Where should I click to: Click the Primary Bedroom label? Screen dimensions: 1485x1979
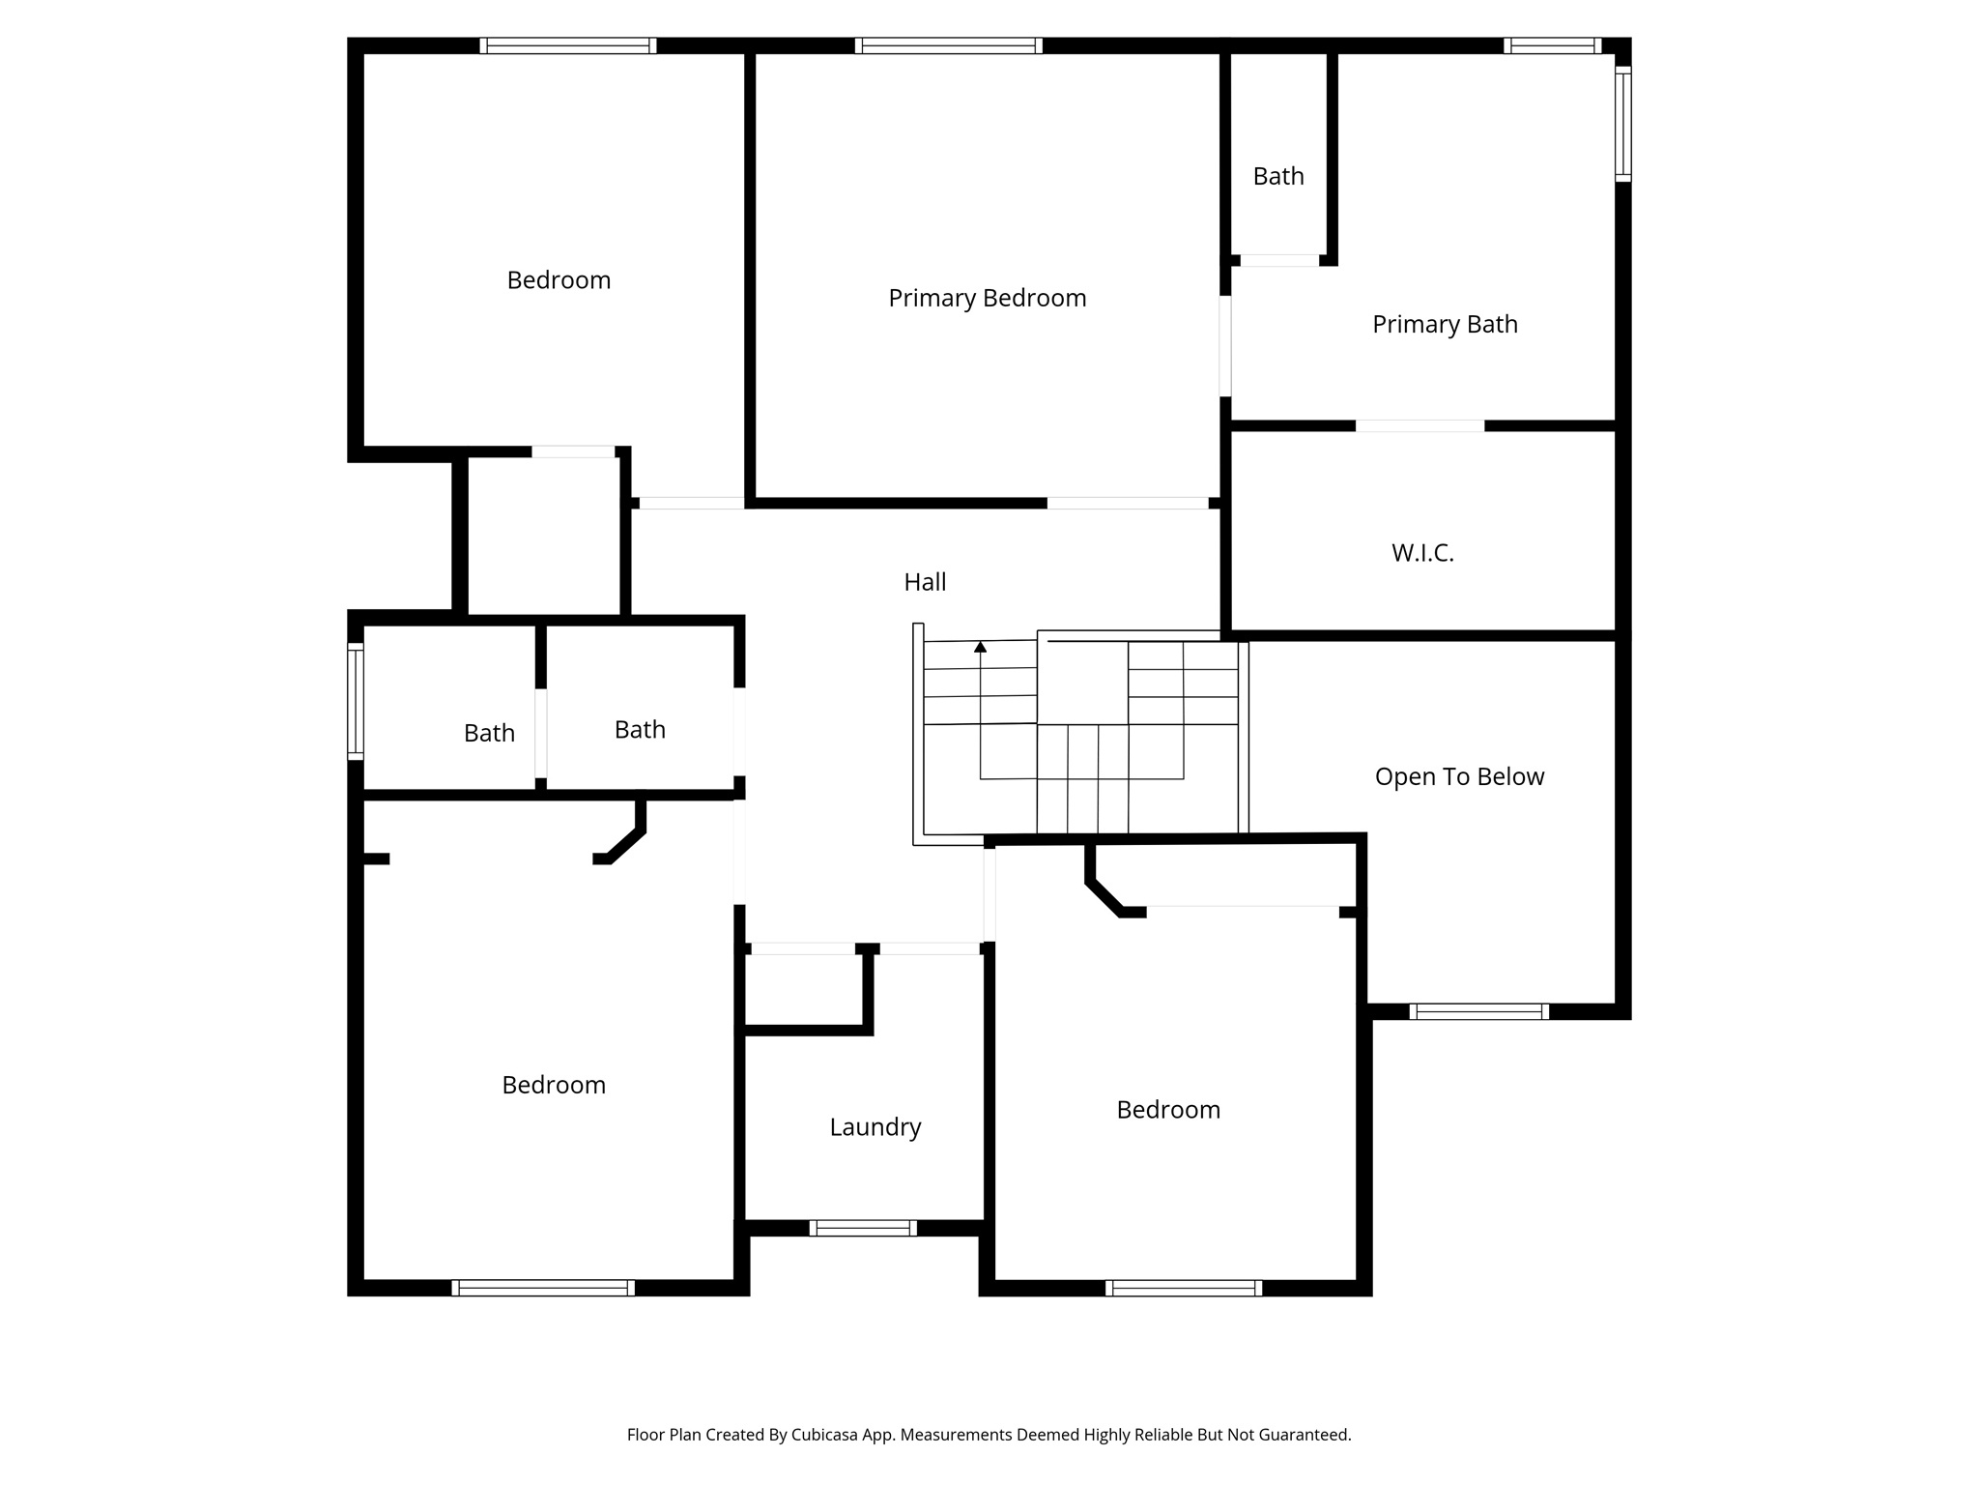(987, 298)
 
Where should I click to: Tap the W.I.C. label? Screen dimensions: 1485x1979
(1422, 553)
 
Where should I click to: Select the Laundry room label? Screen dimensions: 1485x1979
(875, 1127)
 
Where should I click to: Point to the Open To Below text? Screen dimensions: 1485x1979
(1459, 777)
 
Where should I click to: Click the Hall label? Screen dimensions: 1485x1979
(925, 582)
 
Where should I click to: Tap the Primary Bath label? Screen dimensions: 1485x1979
(1445, 325)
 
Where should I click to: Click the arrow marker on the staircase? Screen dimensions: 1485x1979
(980, 647)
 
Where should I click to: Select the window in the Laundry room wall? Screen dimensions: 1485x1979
(862, 1228)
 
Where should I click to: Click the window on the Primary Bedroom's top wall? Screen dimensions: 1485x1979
(948, 45)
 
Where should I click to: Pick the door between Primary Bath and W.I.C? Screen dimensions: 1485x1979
(1420, 426)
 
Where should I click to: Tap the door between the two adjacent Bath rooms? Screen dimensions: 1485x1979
(541, 733)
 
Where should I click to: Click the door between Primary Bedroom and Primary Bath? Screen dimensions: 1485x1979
(1225, 346)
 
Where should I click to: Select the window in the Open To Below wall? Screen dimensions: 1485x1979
(1478, 1011)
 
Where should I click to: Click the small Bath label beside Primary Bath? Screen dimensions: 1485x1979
(1278, 177)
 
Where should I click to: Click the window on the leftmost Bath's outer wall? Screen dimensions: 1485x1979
(356, 701)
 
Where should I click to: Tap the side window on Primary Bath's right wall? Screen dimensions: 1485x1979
(1623, 124)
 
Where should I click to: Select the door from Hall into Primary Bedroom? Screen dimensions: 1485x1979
(1128, 503)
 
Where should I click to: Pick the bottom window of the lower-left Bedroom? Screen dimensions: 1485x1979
(543, 1288)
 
